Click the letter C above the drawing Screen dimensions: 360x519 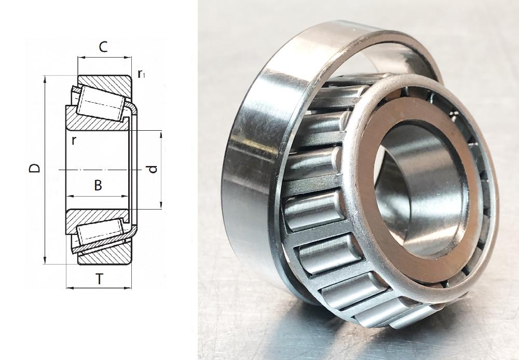coord(103,47)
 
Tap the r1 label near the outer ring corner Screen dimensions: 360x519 coord(141,74)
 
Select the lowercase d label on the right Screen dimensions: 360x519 coord(152,169)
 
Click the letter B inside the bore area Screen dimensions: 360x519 coord(98,185)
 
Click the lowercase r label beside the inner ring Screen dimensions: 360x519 coord(74,140)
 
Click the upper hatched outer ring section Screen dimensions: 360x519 coord(109,83)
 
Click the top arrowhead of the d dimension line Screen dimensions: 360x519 coord(161,134)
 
